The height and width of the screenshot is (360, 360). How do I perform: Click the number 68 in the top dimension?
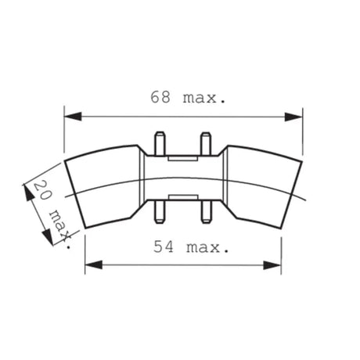161,99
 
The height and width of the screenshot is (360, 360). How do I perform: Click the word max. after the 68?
202,99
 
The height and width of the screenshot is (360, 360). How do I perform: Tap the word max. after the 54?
208,248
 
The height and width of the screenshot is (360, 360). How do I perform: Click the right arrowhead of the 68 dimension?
294,116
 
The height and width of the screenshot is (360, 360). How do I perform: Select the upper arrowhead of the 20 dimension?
29,186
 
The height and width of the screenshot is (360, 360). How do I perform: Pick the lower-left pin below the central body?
160,211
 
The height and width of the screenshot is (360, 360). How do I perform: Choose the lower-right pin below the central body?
206,211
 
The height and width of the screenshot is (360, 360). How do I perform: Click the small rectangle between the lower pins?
182,195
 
